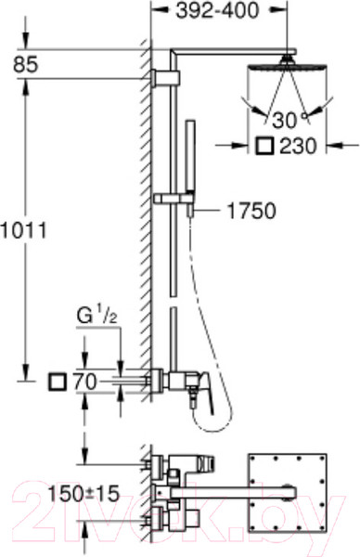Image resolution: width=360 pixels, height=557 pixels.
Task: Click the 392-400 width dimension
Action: pyautogui.click(x=218, y=11)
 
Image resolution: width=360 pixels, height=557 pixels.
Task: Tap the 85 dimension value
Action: pyautogui.click(x=26, y=65)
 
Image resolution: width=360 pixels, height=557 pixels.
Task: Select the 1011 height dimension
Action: pyautogui.click(x=23, y=231)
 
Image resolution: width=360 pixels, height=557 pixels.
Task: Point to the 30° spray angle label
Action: pyautogui.click(x=289, y=120)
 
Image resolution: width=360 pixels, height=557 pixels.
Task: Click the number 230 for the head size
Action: pyautogui.click(x=298, y=146)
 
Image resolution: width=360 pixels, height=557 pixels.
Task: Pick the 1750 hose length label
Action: pyautogui.click(x=251, y=211)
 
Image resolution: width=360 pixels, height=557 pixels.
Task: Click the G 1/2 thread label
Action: pyautogui.click(x=96, y=317)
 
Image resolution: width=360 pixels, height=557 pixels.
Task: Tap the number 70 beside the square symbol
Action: pyautogui.click(x=84, y=382)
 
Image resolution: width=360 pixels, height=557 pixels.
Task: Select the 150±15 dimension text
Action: pyautogui.click(x=84, y=494)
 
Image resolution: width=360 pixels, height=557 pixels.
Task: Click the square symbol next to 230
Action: pyautogui.click(x=264, y=146)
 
